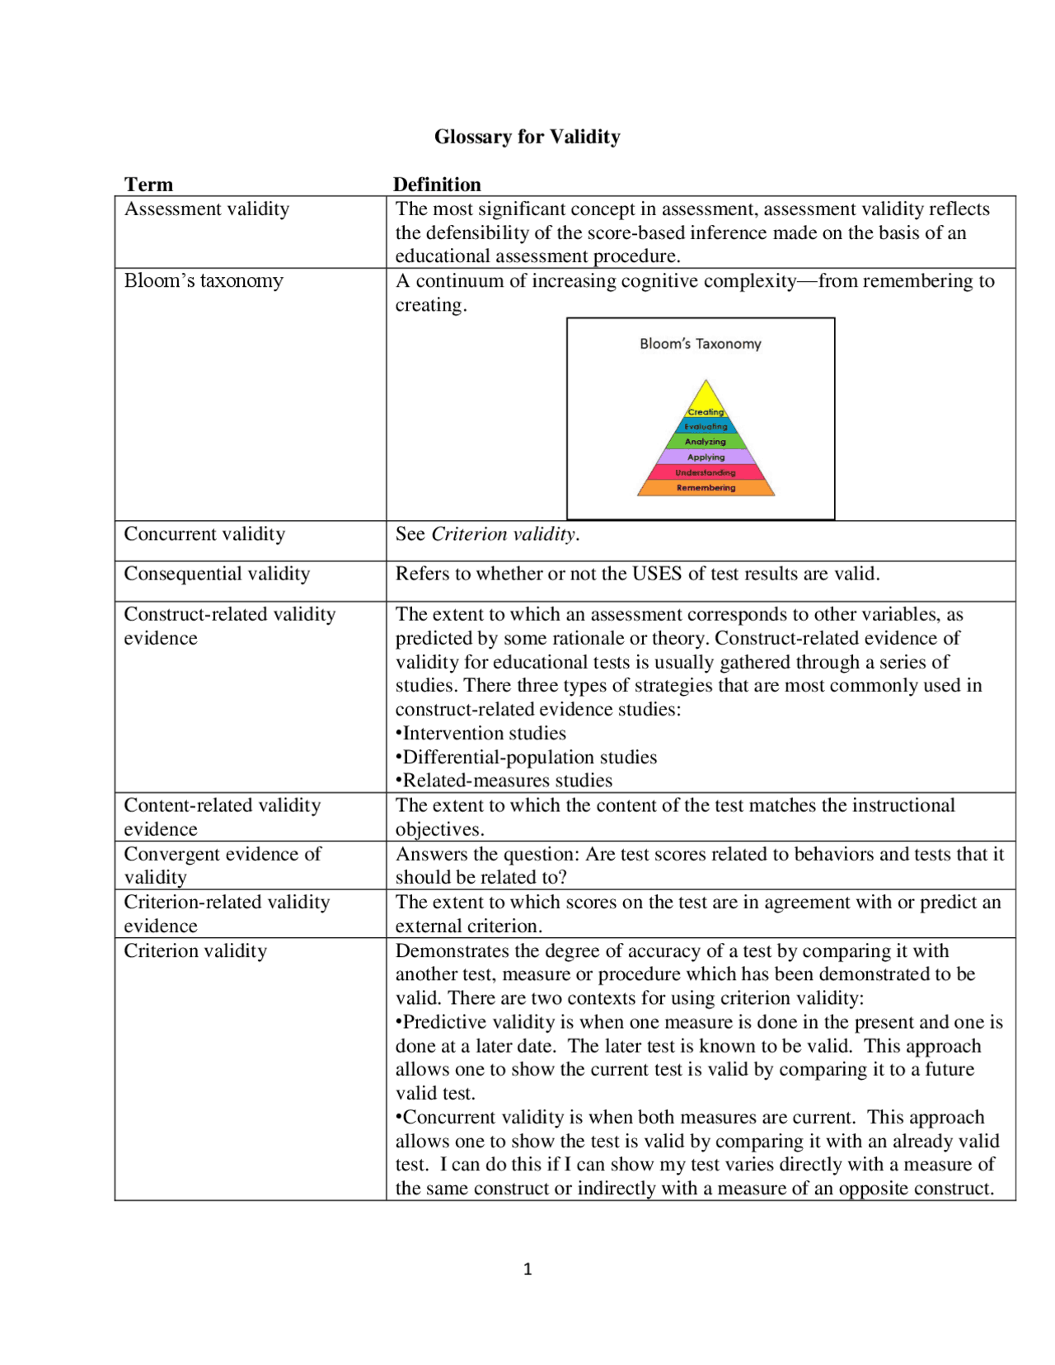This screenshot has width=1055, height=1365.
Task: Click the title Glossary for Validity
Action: click(527, 136)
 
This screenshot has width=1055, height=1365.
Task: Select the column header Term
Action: click(148, 184)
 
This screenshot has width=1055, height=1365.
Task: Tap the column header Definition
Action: click(437, 184)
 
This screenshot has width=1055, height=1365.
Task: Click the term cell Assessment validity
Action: click(207, 209)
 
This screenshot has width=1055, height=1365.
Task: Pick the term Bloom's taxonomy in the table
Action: click(204, 280)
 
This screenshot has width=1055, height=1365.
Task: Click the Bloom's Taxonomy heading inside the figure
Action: click(700, 344)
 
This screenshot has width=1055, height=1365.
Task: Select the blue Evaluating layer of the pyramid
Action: click(706, 426)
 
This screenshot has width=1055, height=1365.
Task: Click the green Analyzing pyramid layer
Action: click(706, 442)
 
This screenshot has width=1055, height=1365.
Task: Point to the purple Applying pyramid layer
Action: click(706, 457)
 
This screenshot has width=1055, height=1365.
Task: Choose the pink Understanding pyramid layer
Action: click(706, 472)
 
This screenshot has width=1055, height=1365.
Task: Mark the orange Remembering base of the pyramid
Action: click(706, 488)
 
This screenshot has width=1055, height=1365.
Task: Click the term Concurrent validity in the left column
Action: click(204, 534)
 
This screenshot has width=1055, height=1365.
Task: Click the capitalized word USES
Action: click(658, 574)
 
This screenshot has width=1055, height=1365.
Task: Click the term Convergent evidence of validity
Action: click(223, 865)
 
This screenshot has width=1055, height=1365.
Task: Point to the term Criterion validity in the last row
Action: click(195, 950)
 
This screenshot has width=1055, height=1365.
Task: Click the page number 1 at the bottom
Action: click(527, 1269)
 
